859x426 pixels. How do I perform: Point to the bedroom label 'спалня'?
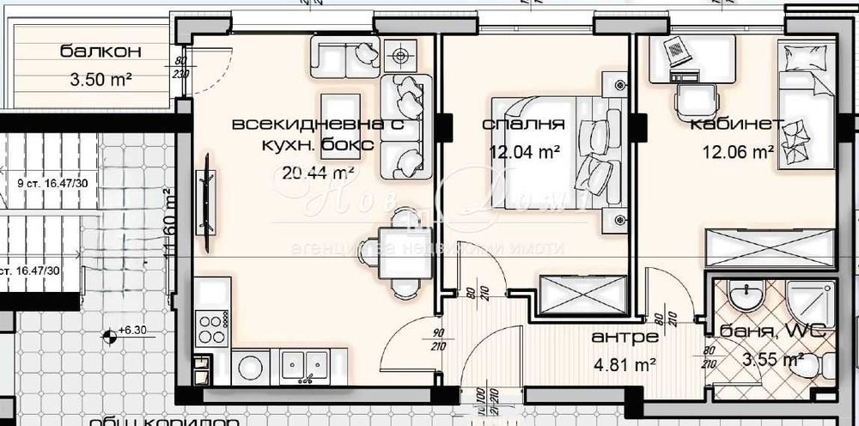click(x=523, y=124)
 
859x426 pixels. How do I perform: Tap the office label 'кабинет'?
click(x=735, y=124)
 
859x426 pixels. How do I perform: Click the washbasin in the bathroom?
click(x=742, y=299)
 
